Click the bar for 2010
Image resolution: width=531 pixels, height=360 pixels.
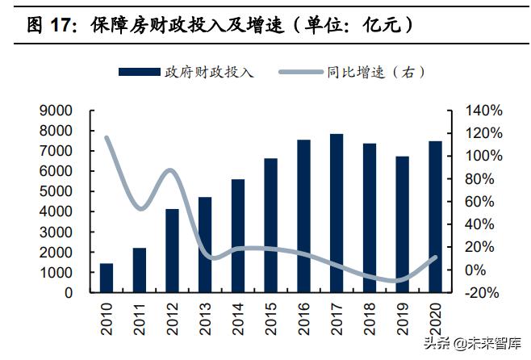coord(107,278)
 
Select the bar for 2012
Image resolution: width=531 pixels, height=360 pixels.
coord(172,250)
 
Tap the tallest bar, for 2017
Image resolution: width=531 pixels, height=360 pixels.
coord(337,213)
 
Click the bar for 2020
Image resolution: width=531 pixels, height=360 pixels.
coord(435,216)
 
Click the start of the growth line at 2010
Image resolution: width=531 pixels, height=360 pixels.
coord(107,138)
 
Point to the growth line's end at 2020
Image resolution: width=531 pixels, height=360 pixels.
coord(435,257)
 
